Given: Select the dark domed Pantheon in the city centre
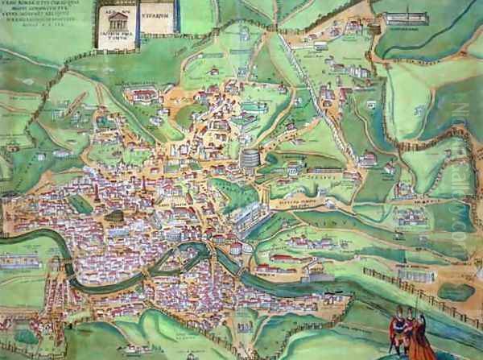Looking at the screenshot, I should point(116,217).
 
